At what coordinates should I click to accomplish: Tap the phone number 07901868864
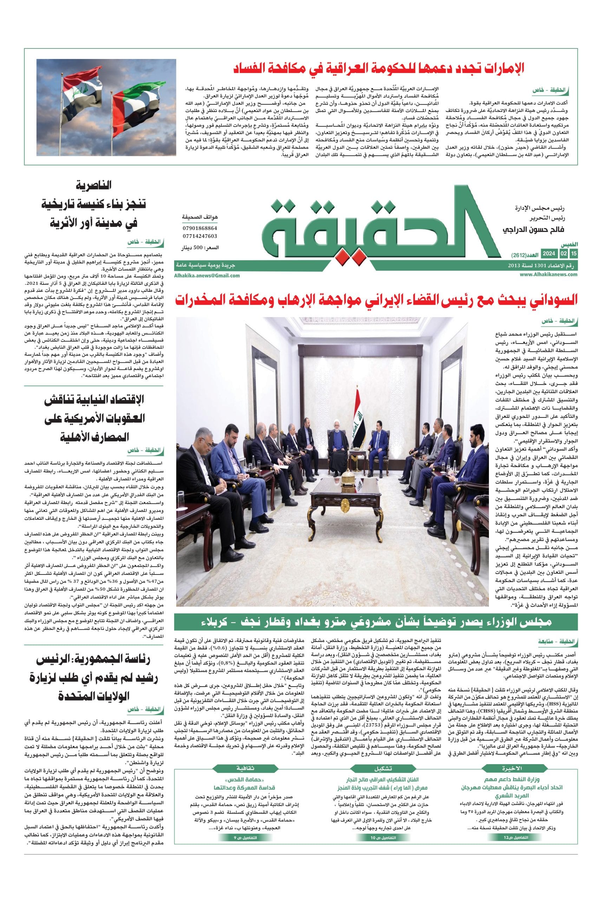199,228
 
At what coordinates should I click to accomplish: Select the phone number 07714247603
199,236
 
